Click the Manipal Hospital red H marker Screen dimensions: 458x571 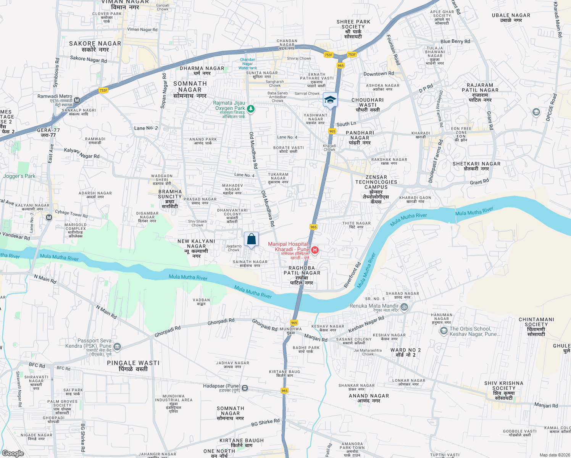click(315, 250)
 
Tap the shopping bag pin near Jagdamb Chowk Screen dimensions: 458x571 click(251, 240)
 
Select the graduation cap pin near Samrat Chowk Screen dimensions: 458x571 click(330, 100)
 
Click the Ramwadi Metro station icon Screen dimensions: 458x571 click(77, 100)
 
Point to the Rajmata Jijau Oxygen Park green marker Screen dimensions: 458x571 click(251, 109)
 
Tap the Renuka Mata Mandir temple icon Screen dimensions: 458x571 click(404, 306)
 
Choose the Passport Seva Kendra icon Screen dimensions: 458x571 click(118, 347)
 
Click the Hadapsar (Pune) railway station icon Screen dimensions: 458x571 click(245, 388)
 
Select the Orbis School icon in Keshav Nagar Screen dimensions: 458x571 click(444, 331)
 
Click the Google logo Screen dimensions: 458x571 click(13, 453)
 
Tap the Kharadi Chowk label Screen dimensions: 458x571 click(329, 148)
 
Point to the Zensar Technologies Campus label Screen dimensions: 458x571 click(376, 182)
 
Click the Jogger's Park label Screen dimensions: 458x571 click(19, 176)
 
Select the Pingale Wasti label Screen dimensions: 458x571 click(133, 363)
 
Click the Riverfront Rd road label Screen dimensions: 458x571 click(352, 275)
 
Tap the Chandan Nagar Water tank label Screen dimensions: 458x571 click(248, 64)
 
